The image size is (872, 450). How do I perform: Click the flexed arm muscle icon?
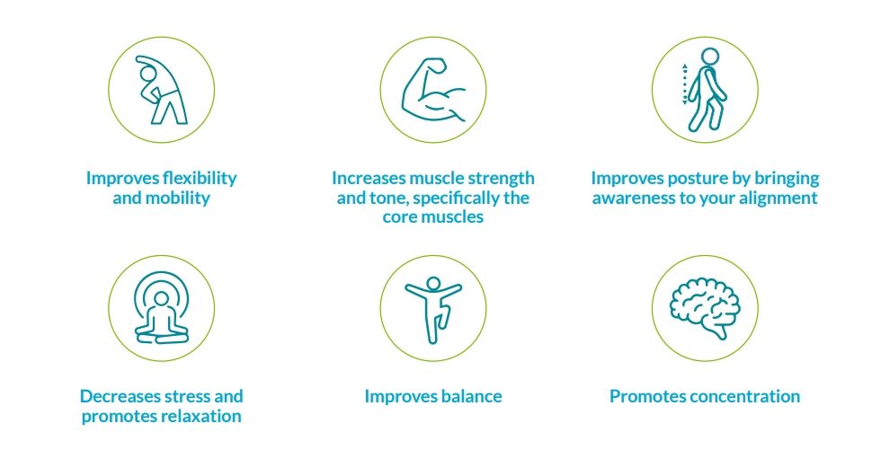coord(433,90)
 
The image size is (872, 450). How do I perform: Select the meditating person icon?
coord(162,310)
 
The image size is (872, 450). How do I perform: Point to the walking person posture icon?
coord(708,90)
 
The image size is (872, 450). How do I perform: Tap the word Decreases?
coord(118,396)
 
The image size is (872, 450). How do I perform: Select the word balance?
coord(467,396)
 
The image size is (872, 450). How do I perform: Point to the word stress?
coord(191,396)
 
